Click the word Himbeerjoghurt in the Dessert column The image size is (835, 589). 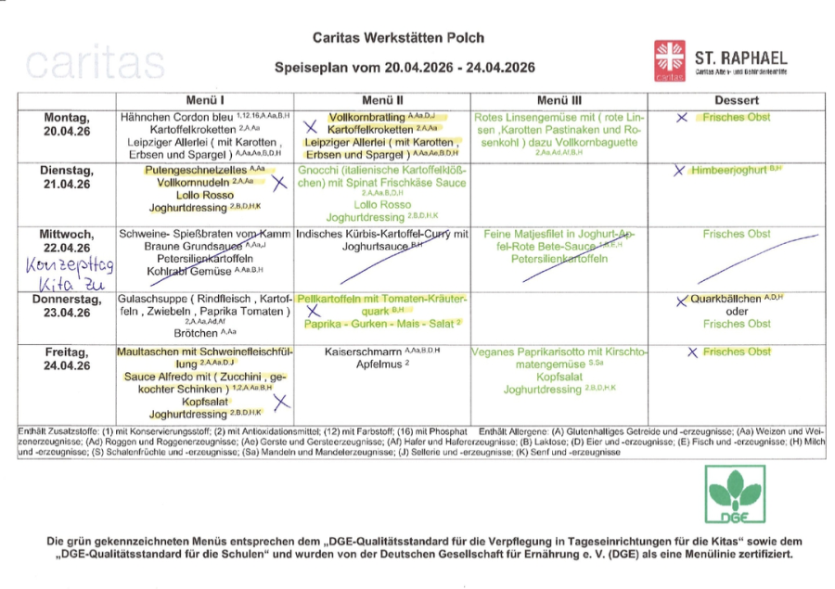tap(726, 171)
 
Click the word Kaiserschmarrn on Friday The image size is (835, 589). tap(364, 352)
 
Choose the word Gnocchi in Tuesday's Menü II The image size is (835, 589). tap(319, 171)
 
